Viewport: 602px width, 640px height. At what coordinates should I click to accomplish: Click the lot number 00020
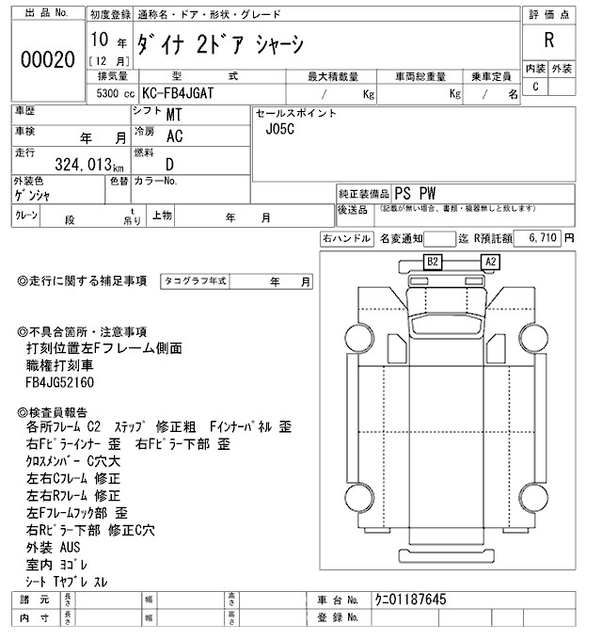47,59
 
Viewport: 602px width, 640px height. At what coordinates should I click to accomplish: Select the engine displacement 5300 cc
114,94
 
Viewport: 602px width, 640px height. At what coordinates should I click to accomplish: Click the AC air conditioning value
175,136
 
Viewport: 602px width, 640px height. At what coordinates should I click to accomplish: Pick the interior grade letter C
536,88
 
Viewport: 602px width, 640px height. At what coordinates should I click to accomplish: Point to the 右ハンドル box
345,240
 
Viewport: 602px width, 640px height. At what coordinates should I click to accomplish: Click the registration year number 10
101,40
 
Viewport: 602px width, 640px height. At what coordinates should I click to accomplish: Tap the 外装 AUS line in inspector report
55,546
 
